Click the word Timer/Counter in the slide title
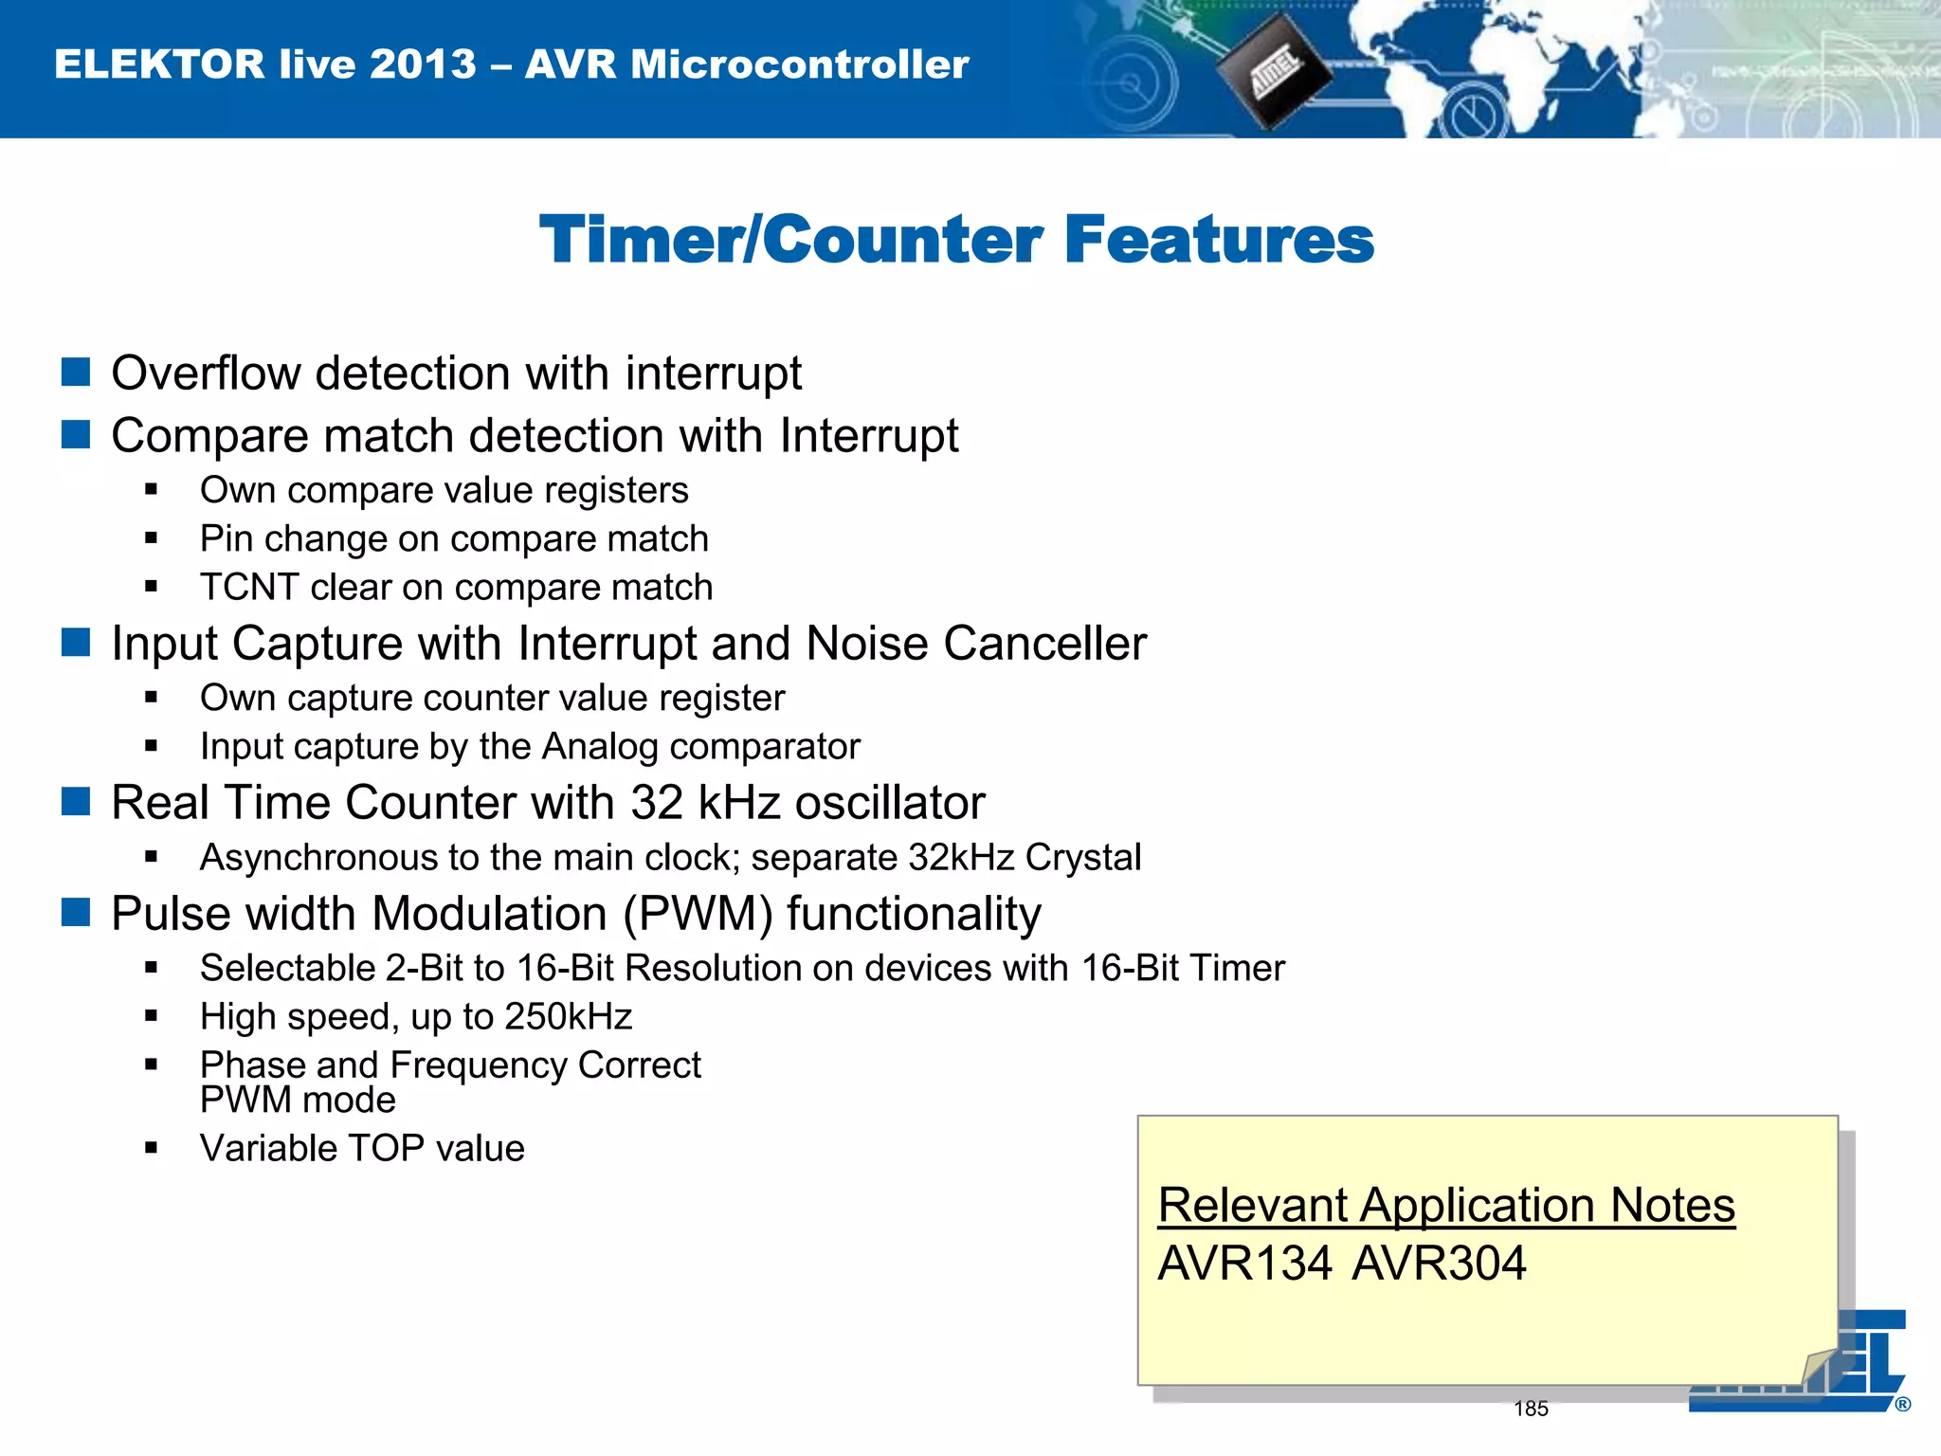790,239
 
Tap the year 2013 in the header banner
423,64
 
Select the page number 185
1531,1409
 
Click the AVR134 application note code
1244,1264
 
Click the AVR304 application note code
1439,1264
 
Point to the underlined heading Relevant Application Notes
1446,1206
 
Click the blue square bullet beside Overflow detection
76,373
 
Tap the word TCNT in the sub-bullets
248,587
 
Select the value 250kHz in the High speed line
568,1016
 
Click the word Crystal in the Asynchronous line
1082,857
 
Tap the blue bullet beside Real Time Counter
76,802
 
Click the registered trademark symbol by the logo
1902,1405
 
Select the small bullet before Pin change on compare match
152,538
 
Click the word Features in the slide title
1219,239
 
